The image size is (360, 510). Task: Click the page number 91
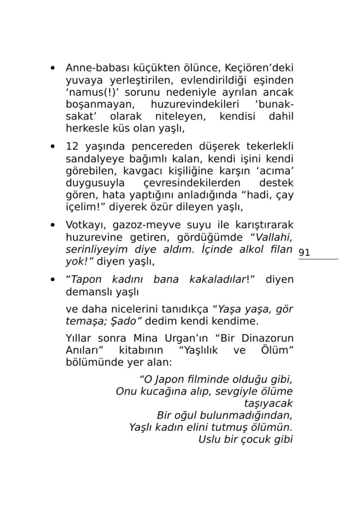tap(305, 253)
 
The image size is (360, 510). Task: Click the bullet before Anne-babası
tap(53, 68)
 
